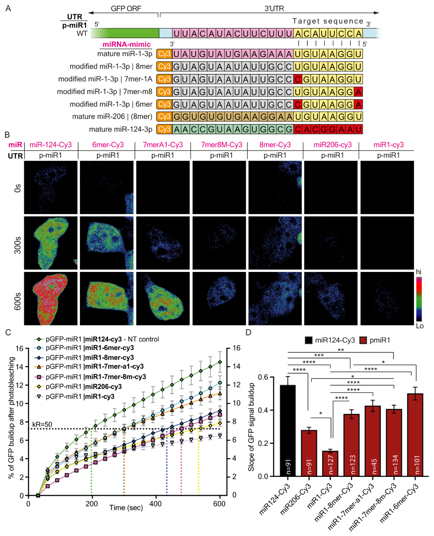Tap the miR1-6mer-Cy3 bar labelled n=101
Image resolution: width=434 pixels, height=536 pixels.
415,435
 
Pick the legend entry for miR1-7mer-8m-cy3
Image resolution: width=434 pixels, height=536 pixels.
90,376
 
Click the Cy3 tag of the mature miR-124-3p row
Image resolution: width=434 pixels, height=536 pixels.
164,129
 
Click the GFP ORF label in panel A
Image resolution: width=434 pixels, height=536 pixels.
126,8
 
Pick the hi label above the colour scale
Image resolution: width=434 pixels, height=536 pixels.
418,272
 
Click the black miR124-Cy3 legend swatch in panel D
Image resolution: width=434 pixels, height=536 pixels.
309,340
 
